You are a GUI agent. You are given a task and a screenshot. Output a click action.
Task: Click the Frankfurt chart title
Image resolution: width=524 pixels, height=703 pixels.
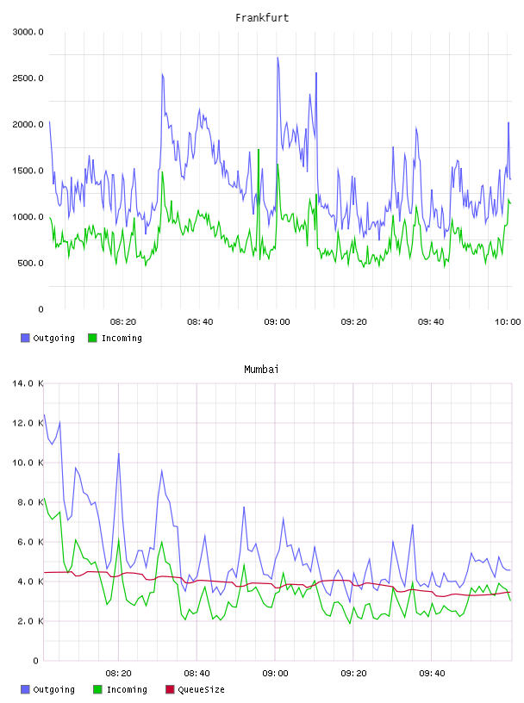pos(262,18)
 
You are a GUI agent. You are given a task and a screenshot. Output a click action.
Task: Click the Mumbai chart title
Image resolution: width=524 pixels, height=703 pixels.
pos(261,370)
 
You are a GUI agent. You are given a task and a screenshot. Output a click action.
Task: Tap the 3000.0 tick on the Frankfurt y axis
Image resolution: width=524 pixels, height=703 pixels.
pos(28,32)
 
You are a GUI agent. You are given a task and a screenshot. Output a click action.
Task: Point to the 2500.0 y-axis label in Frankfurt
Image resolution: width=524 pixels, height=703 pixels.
pos(28,78)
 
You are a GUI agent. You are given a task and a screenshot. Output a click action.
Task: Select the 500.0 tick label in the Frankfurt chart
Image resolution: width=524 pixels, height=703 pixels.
pos(30,263)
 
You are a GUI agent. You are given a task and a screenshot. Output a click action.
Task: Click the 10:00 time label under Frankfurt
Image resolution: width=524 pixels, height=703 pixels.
pos(508,322)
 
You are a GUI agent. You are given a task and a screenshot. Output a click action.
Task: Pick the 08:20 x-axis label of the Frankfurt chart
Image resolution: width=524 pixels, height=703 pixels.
pos(123,322)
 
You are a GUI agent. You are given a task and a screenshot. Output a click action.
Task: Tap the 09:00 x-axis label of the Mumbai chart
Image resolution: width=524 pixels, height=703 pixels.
pos(275,674)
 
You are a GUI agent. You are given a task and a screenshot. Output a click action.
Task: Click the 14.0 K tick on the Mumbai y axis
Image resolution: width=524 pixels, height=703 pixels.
pos(28,383)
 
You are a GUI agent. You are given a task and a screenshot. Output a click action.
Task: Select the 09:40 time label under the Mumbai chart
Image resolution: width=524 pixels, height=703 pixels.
pos(432,674)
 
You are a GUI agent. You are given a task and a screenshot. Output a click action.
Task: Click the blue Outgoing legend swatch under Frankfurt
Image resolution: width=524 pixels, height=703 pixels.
pos(25,338)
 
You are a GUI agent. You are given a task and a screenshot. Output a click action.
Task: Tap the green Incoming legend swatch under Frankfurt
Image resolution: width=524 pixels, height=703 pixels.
pos(92,338)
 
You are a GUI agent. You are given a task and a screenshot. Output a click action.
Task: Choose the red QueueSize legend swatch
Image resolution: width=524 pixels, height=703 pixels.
pos(170,689)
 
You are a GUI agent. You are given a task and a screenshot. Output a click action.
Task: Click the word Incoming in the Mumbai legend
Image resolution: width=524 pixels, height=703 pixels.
pos(127,689)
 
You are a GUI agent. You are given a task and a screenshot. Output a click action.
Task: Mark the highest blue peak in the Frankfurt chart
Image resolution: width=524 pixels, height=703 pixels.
pos(278,58)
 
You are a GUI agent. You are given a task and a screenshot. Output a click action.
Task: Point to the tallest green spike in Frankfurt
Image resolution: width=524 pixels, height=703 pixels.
pos(259,149)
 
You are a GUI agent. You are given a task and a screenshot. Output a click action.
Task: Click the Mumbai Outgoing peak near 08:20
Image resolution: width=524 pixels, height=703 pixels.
pos(118,454)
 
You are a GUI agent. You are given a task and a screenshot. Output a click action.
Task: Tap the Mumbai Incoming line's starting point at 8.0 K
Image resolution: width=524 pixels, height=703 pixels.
pos(44,498)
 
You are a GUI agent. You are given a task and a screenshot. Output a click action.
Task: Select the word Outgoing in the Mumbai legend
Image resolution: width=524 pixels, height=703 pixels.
pos(53,689)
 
